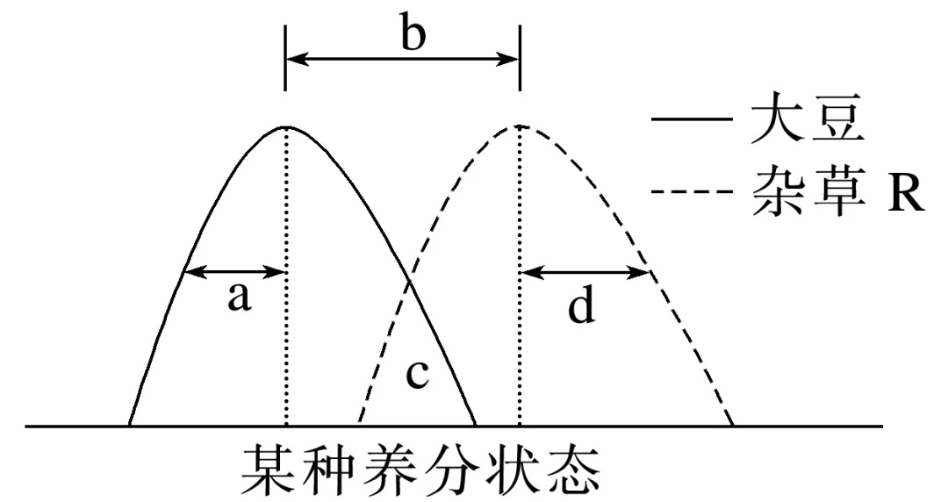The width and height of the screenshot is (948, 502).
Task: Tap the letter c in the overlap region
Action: tap(417, 375)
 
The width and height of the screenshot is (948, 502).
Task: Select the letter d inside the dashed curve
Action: tap(581, 307)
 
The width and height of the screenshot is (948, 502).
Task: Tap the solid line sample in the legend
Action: tap(691, 122)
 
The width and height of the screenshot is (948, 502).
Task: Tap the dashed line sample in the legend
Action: tap(691, 192)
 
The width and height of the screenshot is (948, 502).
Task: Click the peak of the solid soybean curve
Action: tap(286, 126)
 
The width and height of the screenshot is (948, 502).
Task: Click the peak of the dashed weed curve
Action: tap(520, 126)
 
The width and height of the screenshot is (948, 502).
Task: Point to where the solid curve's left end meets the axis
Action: tap(130, 426)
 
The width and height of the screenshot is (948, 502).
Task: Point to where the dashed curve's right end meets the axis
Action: tap(731, 426)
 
